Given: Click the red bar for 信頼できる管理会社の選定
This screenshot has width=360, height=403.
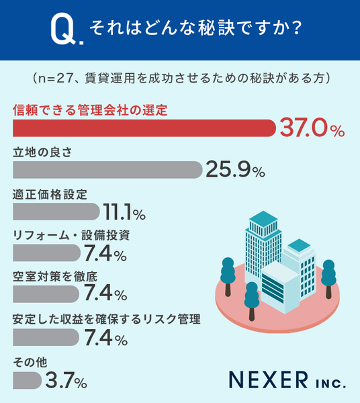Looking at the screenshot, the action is [144, 128].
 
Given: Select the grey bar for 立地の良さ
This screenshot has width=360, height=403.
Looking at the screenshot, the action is [107, 170].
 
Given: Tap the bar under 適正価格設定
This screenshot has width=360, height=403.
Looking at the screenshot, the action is [56, 212].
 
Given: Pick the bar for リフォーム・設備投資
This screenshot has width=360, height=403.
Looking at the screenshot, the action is [46, 253].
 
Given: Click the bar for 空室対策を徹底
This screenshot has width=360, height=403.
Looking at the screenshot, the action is [46, 294].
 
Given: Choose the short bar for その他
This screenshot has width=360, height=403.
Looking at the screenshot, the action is [28, 380].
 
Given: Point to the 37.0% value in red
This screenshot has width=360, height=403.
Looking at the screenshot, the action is [312, 128].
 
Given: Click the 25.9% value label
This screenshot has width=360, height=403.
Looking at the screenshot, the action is [235, 169].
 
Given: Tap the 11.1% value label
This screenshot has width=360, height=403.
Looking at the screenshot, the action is [124, 212].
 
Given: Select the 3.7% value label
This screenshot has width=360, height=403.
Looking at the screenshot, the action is [66, 380].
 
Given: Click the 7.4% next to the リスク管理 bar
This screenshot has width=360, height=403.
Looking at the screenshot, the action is [105, 337].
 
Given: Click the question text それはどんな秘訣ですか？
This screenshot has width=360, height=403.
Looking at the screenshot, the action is [195, 28].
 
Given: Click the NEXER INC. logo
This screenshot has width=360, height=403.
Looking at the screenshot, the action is [287, 379].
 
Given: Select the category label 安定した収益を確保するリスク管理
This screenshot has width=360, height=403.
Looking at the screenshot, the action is [106, 319].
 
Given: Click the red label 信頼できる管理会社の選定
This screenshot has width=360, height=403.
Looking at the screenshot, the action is [90, 110].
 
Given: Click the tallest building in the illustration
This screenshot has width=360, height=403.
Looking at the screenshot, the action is [263, 244].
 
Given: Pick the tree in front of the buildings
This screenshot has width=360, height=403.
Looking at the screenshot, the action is [252, 301].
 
